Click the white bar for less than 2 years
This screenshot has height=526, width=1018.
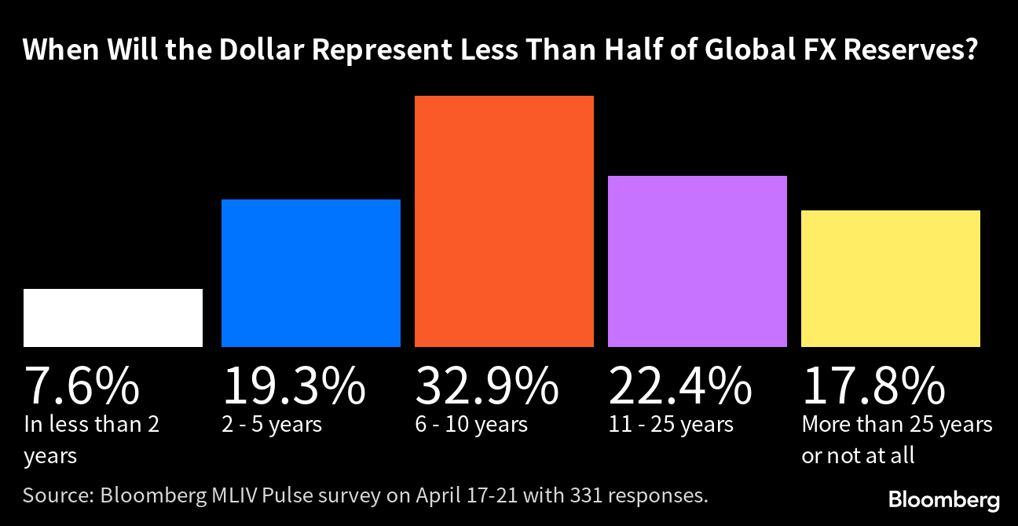[x=113, y=317]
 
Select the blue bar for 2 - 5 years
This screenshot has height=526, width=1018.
[x=311, y=272]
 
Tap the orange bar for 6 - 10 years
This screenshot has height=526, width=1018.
[x=504, y=221]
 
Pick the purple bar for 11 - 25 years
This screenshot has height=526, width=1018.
[x=698, y=261]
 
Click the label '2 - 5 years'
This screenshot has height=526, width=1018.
[x=272, y=425]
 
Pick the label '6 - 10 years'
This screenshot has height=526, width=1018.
[x=471, y=425]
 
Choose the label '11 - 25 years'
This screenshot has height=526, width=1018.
[x=671, y=425]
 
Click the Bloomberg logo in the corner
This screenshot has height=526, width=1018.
[x=944, y=500]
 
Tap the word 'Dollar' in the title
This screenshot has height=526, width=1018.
[x=258, y=51]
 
